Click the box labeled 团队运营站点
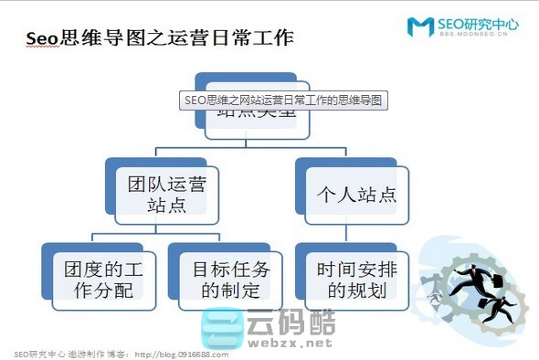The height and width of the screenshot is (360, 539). [x=166, y=194]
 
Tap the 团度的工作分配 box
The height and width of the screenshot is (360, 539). [x=99, y=280]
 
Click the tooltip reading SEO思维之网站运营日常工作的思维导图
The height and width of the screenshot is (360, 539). [x=280, y=99]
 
